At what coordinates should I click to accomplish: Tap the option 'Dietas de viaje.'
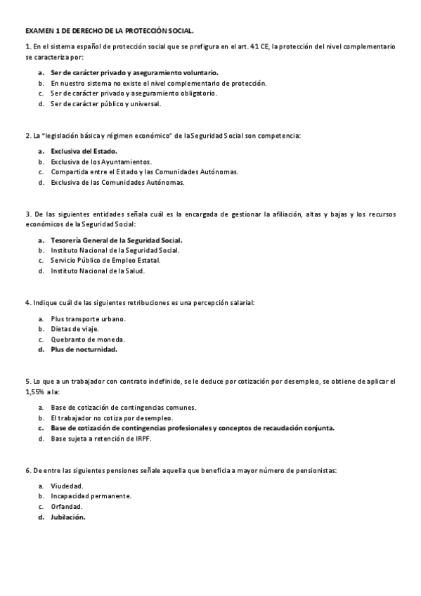[x=75, y=328]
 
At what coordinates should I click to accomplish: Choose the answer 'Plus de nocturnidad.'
[x=84, y=349]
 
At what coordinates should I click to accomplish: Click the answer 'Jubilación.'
[x=68, y=517]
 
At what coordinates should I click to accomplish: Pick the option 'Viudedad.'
[x=67, y=485]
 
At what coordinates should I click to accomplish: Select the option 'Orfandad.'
[x=67, y=506]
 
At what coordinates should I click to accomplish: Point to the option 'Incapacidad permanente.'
[x=91, y=495]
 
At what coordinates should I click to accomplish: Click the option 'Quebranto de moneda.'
[x=84, y=339]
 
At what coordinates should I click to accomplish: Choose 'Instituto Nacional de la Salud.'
[x=98, y=271]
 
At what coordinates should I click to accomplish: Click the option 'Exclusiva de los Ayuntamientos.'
[x=101, y=162]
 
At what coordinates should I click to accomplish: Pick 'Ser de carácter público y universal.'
[x=105, y=104]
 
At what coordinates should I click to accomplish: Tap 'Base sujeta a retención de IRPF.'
[x=101, y=439]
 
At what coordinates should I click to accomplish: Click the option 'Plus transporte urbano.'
[x=88, y=318]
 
